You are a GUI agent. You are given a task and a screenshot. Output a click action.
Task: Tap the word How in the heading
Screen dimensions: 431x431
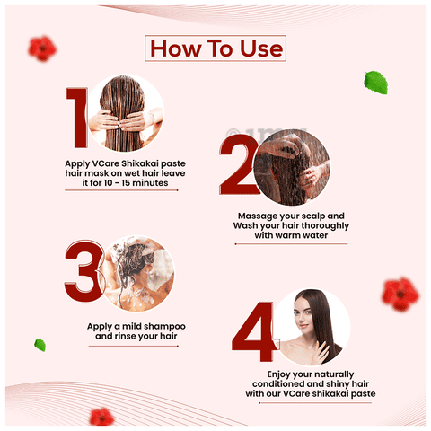(x=175, y=48)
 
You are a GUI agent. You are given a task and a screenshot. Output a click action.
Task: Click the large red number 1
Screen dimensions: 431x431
(x=77, y=118)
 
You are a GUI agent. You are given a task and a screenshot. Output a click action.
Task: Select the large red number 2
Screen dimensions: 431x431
(x=238, y=164)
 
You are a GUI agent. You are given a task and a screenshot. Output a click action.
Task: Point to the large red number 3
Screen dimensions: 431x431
(x=84, y=271)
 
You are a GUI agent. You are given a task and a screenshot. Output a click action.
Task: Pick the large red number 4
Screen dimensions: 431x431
(x=254, y=331)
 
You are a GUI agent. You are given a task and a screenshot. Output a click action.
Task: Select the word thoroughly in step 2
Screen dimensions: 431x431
(x=325, y=225)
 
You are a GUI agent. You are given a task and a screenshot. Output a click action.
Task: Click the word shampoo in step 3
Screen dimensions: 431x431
(x=166, y=327)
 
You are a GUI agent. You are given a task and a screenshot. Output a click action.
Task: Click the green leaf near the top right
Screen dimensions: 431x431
(x=376, y=83)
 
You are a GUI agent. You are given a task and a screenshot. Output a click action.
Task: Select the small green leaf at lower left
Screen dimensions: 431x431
(x=40, y=345)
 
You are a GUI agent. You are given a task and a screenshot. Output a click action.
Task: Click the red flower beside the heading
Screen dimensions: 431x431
(x=42, y=48)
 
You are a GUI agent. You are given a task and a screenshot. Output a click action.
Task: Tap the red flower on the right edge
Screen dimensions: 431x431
(x=400, y=295)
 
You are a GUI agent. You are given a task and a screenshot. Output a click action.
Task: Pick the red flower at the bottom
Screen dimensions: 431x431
(x=101, y=417)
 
